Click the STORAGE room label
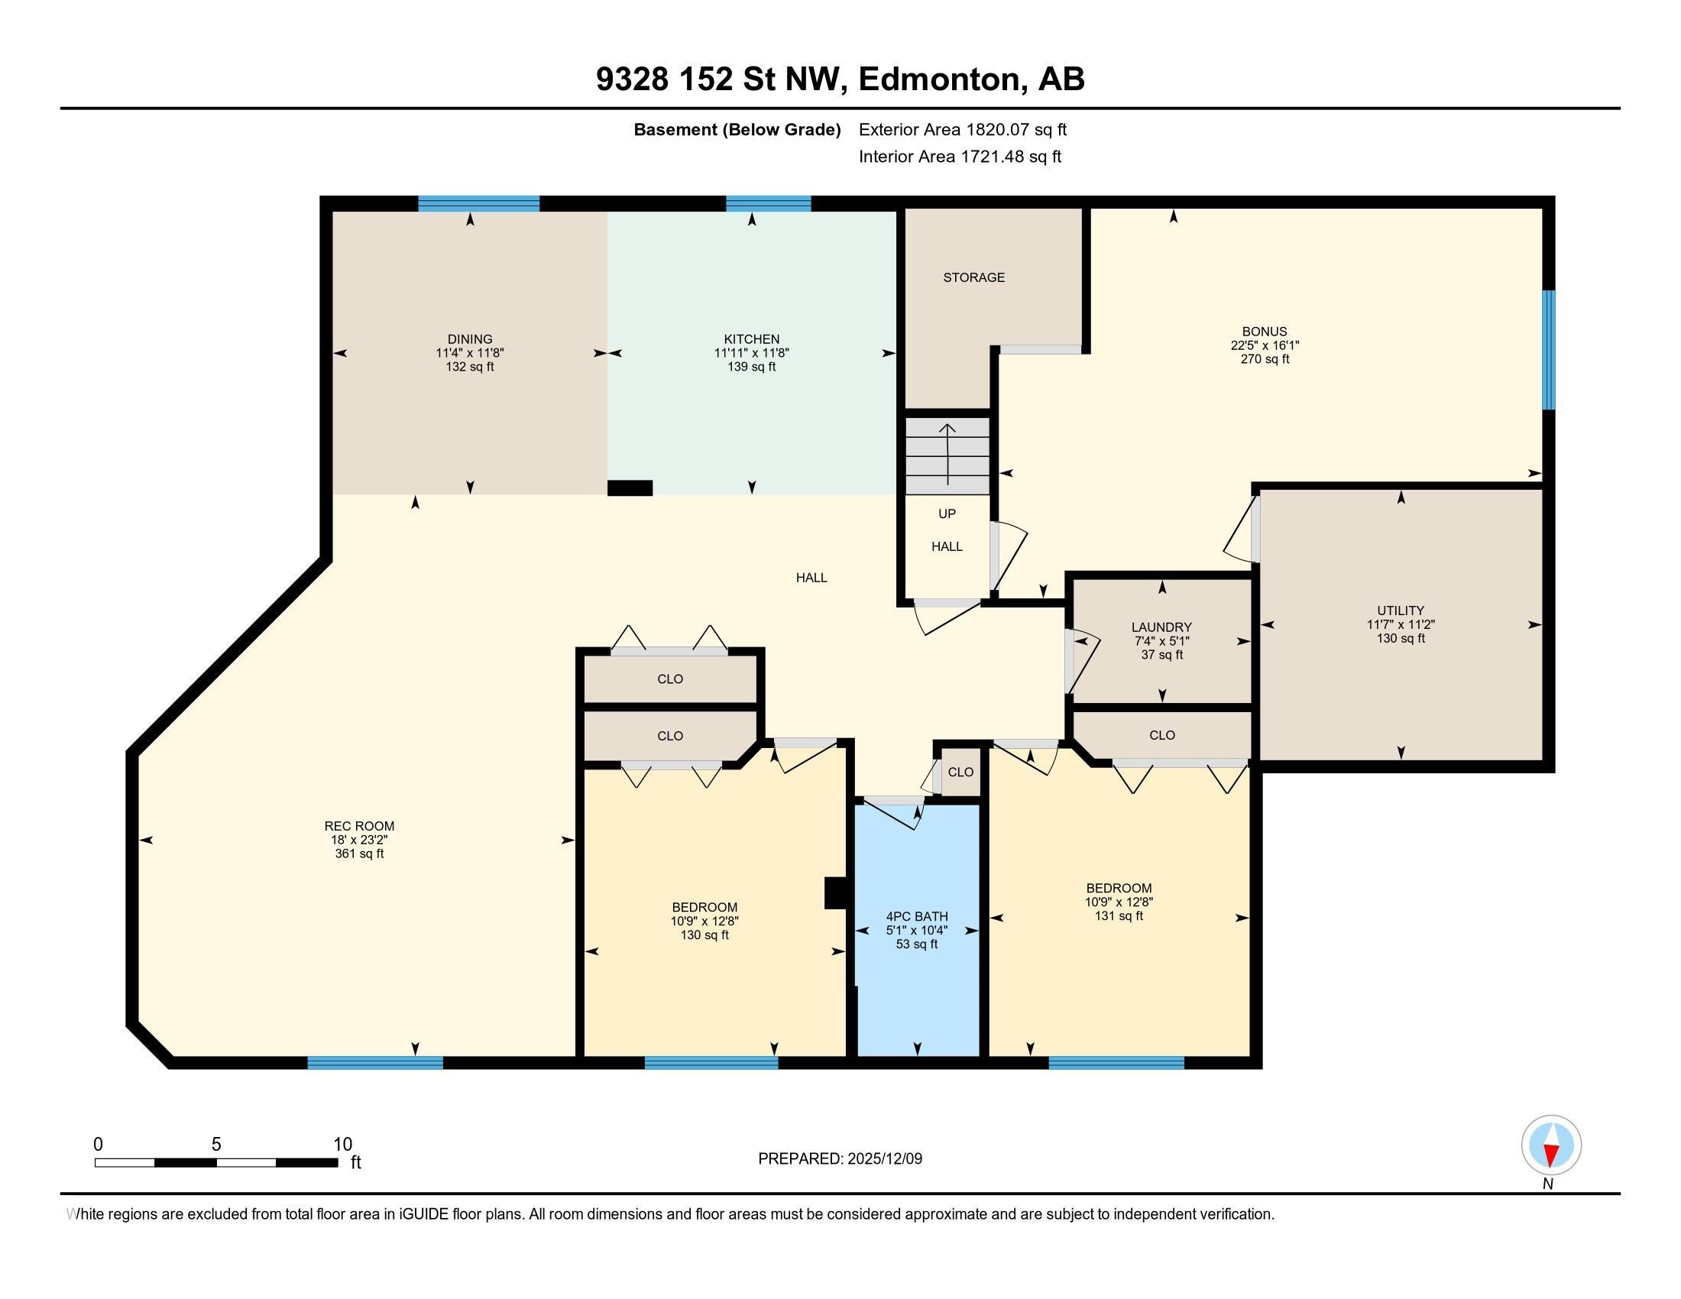[x=973, y=277]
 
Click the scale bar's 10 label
[x=342, y=1145]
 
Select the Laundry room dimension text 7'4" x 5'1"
[x=1161, y=641]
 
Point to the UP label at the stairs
[x=947, y=513]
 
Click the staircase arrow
[x=947, y=454]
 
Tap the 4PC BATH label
[x=917, y=916]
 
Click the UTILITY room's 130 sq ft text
[x=1400, y=638]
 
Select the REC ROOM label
[x=358, y=826]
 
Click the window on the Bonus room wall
[x=1548, y=350]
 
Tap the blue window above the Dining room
[x=478, y=204]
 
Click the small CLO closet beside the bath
[x=960, y=772]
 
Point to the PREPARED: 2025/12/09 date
[x=840, y=1159]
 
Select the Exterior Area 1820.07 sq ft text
[x=962, y=129]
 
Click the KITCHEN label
[x=751, y=339]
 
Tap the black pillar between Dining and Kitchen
[x=630, y=488]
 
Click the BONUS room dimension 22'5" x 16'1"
[x=1265, y=345]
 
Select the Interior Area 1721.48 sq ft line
[x=960, y=156]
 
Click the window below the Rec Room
[x=375, y=1063]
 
